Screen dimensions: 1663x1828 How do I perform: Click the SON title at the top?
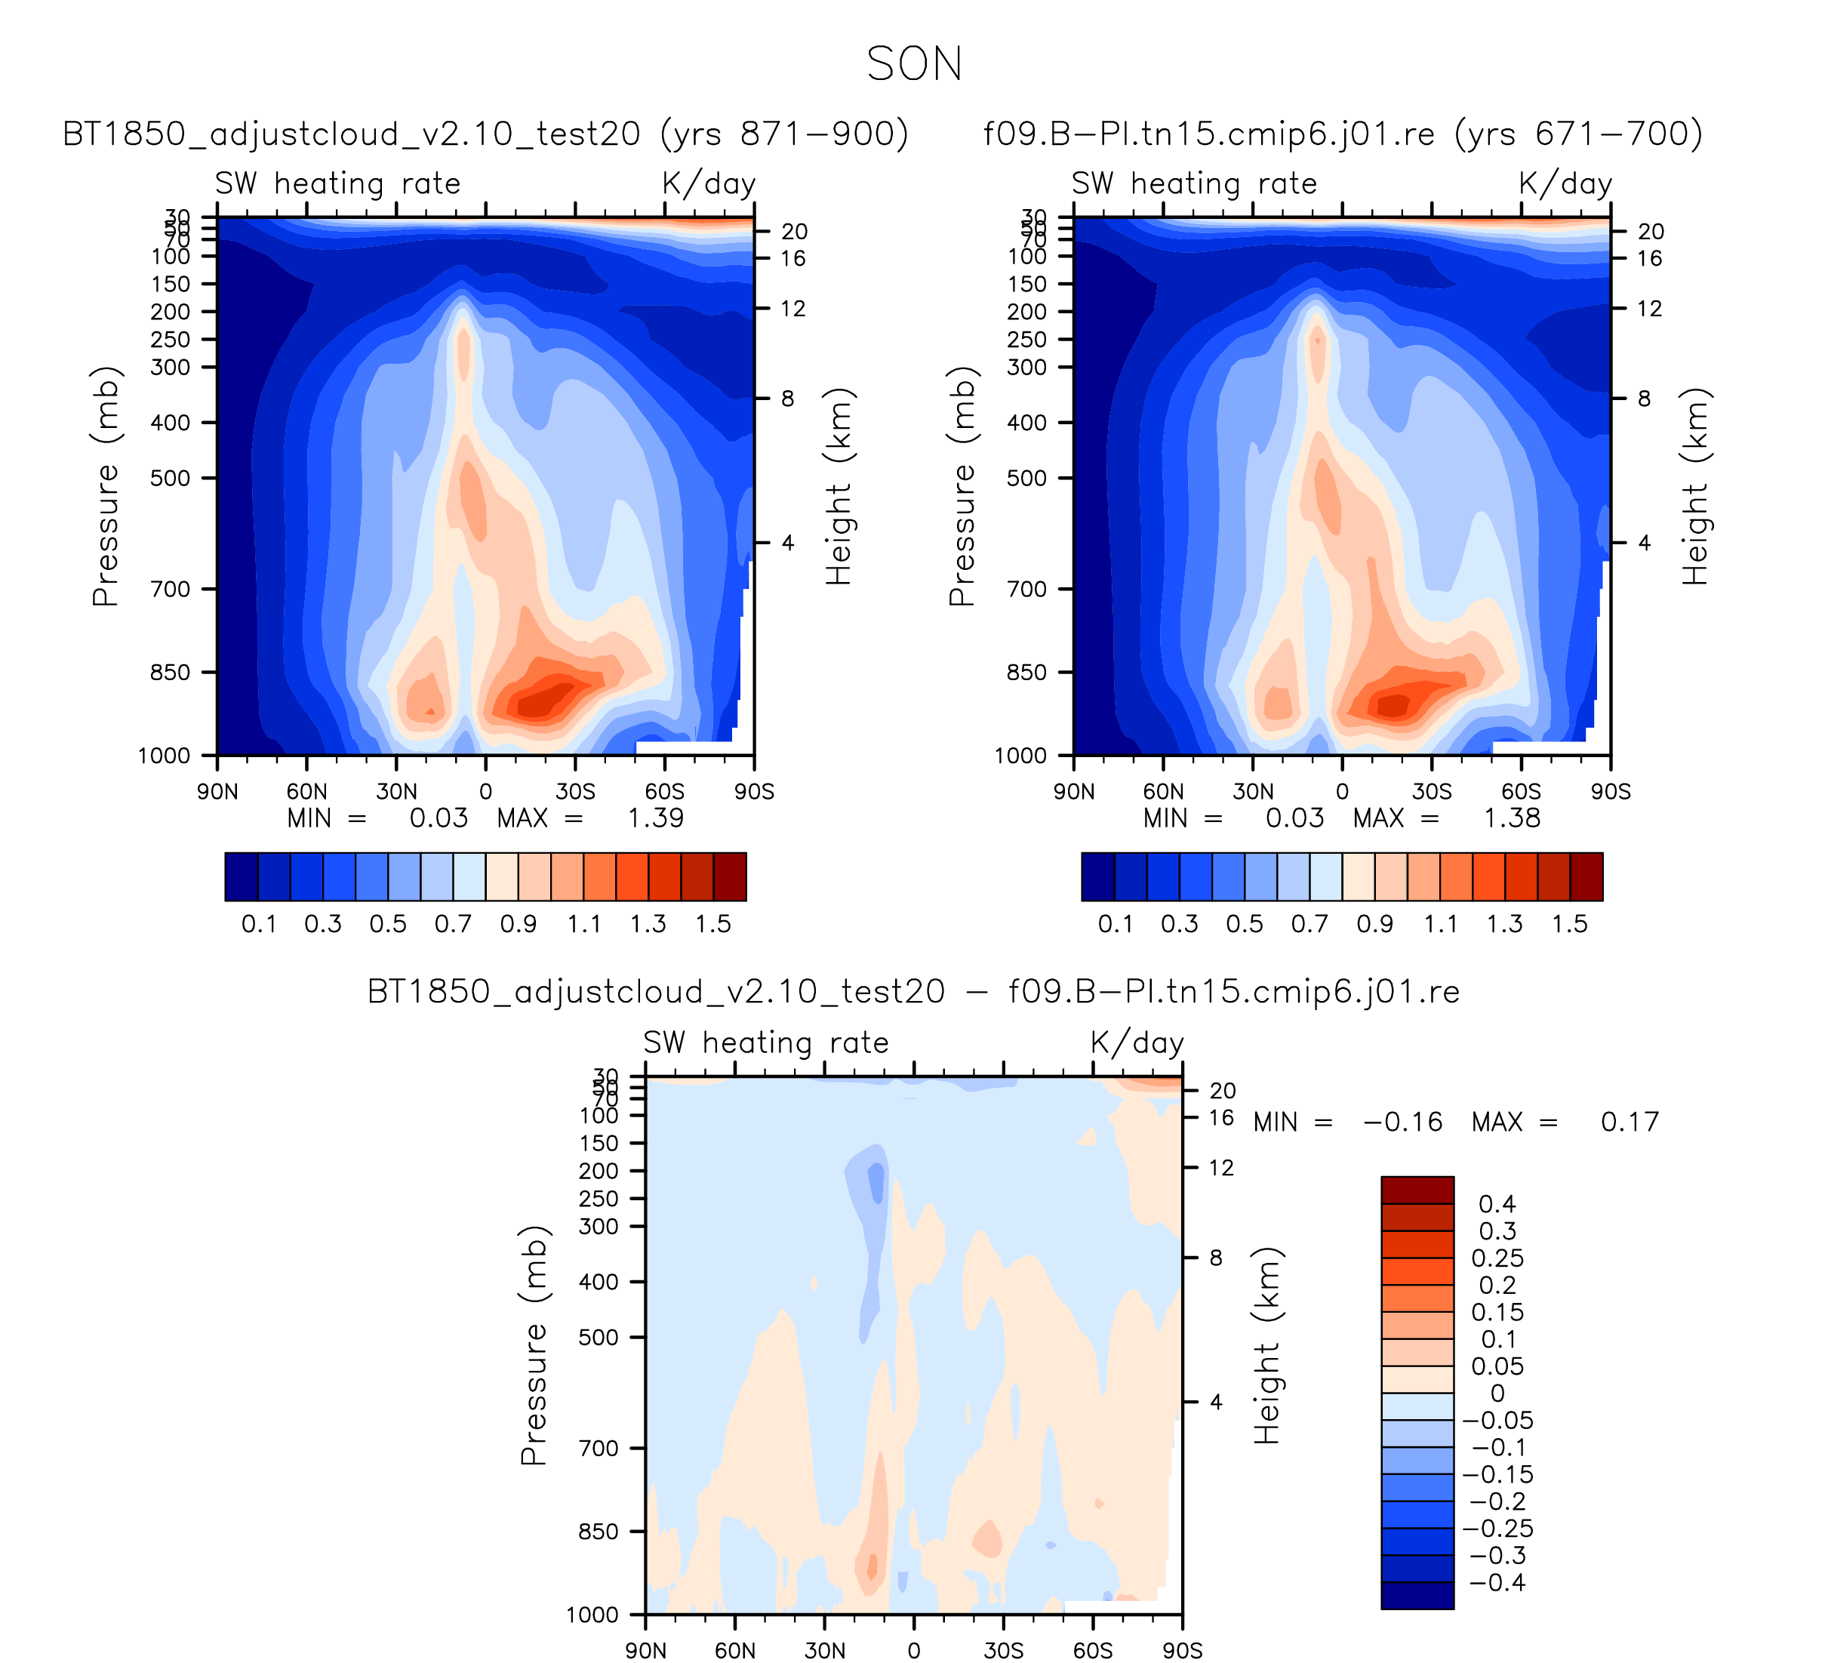914,64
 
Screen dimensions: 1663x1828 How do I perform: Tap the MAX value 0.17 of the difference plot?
1630,1123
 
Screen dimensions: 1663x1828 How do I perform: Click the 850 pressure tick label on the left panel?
171,673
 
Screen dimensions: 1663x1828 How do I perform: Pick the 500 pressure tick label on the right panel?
1026,478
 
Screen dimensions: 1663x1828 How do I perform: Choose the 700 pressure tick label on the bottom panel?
599,1448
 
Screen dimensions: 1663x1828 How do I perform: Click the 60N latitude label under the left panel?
306,792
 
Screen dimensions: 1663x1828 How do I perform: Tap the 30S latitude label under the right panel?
1431,792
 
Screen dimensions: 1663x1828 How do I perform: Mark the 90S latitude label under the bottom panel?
1183,1650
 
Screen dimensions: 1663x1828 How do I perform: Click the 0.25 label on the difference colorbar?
1497,1258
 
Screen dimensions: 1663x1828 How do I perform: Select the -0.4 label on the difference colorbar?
1497,1582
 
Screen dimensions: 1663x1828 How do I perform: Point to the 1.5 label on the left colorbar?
713,924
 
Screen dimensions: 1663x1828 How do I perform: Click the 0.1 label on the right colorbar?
1116,924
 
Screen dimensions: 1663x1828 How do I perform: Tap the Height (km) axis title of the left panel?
839,487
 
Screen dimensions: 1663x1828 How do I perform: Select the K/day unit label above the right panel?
1565,184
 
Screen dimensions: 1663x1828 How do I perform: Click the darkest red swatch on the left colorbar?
730,877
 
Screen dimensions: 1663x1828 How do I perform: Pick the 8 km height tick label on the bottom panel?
1216,1258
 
